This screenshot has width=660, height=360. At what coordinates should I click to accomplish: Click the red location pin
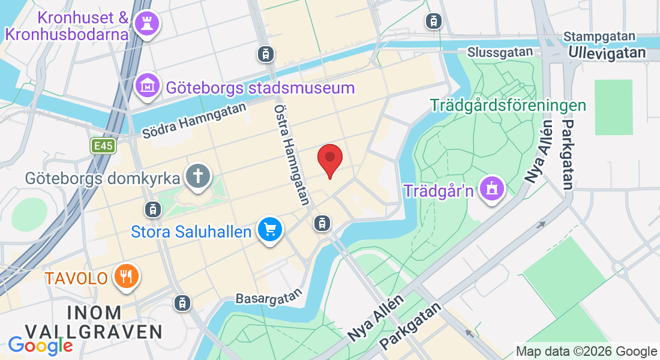[x=329, y=158]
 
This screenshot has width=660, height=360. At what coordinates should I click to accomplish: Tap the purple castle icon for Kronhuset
[x=145, y=24]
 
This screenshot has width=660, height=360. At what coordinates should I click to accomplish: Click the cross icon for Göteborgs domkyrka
[x=197, y=176]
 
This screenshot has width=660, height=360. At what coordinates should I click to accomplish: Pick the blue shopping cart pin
[x=270, y=229]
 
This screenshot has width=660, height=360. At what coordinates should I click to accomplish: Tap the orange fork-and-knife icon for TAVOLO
[x=126, y=276]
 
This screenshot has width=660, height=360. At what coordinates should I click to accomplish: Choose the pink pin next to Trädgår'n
[x=492, y=190]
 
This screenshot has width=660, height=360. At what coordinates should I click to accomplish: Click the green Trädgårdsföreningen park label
[x=508, y=106]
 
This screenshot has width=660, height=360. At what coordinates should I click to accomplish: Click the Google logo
[x=41, y=346]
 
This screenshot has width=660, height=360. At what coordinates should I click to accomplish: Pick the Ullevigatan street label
[x=607, y=53]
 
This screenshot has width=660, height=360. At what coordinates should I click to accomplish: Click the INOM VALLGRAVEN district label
[x=94, y=322]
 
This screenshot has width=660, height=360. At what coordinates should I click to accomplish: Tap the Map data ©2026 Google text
[x=587, y=352]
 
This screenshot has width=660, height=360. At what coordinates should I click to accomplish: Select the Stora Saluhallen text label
[x=191, y=231]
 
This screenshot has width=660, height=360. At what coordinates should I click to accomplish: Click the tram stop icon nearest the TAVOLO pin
[x=181, y=303]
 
